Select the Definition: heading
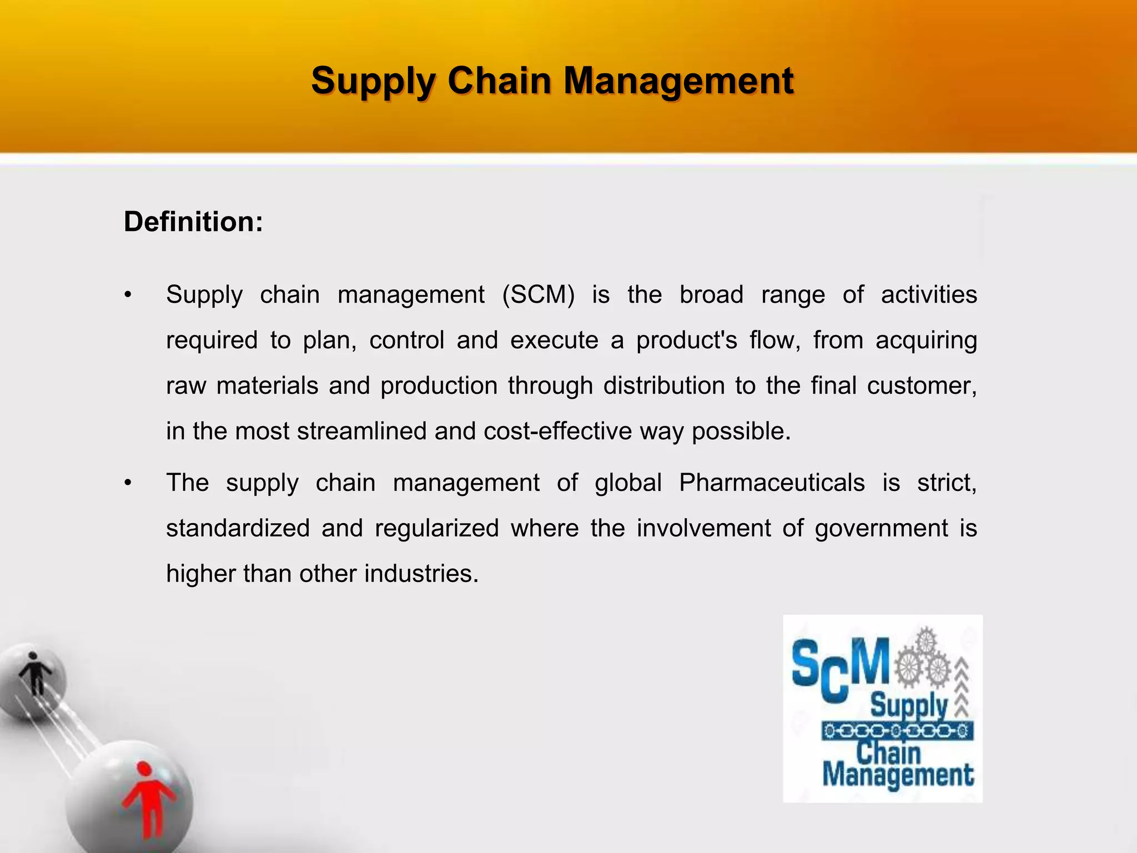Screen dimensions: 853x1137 click(x=193, y=222)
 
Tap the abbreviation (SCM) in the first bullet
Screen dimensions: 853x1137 click(x=538, y=294)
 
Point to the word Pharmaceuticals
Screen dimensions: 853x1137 click(x=772, y=483)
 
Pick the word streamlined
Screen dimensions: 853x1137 click(x=362, y=431)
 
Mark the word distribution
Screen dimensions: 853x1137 click(x=664, y=386)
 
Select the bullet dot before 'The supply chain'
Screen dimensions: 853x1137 click(x=128, y=483)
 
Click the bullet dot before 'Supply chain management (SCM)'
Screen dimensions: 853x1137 click(x=128, y=295)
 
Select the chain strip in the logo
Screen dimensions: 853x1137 click(x=898, y=731)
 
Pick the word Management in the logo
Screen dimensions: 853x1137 click(x=898, y=775)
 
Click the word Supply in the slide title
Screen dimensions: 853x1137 click(x=373, y=81)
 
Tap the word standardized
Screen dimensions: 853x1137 click(x=238, y=528)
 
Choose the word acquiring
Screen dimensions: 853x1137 click(x=926, y=340)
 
